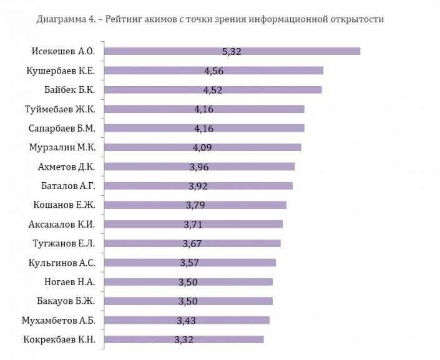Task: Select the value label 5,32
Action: click(232, 51)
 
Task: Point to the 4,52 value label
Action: click(213, 90)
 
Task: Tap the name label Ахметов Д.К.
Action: click(67, 167)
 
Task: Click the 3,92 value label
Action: click(198, 186)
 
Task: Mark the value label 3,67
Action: click(193, 243)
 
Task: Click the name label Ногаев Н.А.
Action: click(72, 281)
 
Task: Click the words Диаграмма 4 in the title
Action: click(59, 19)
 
